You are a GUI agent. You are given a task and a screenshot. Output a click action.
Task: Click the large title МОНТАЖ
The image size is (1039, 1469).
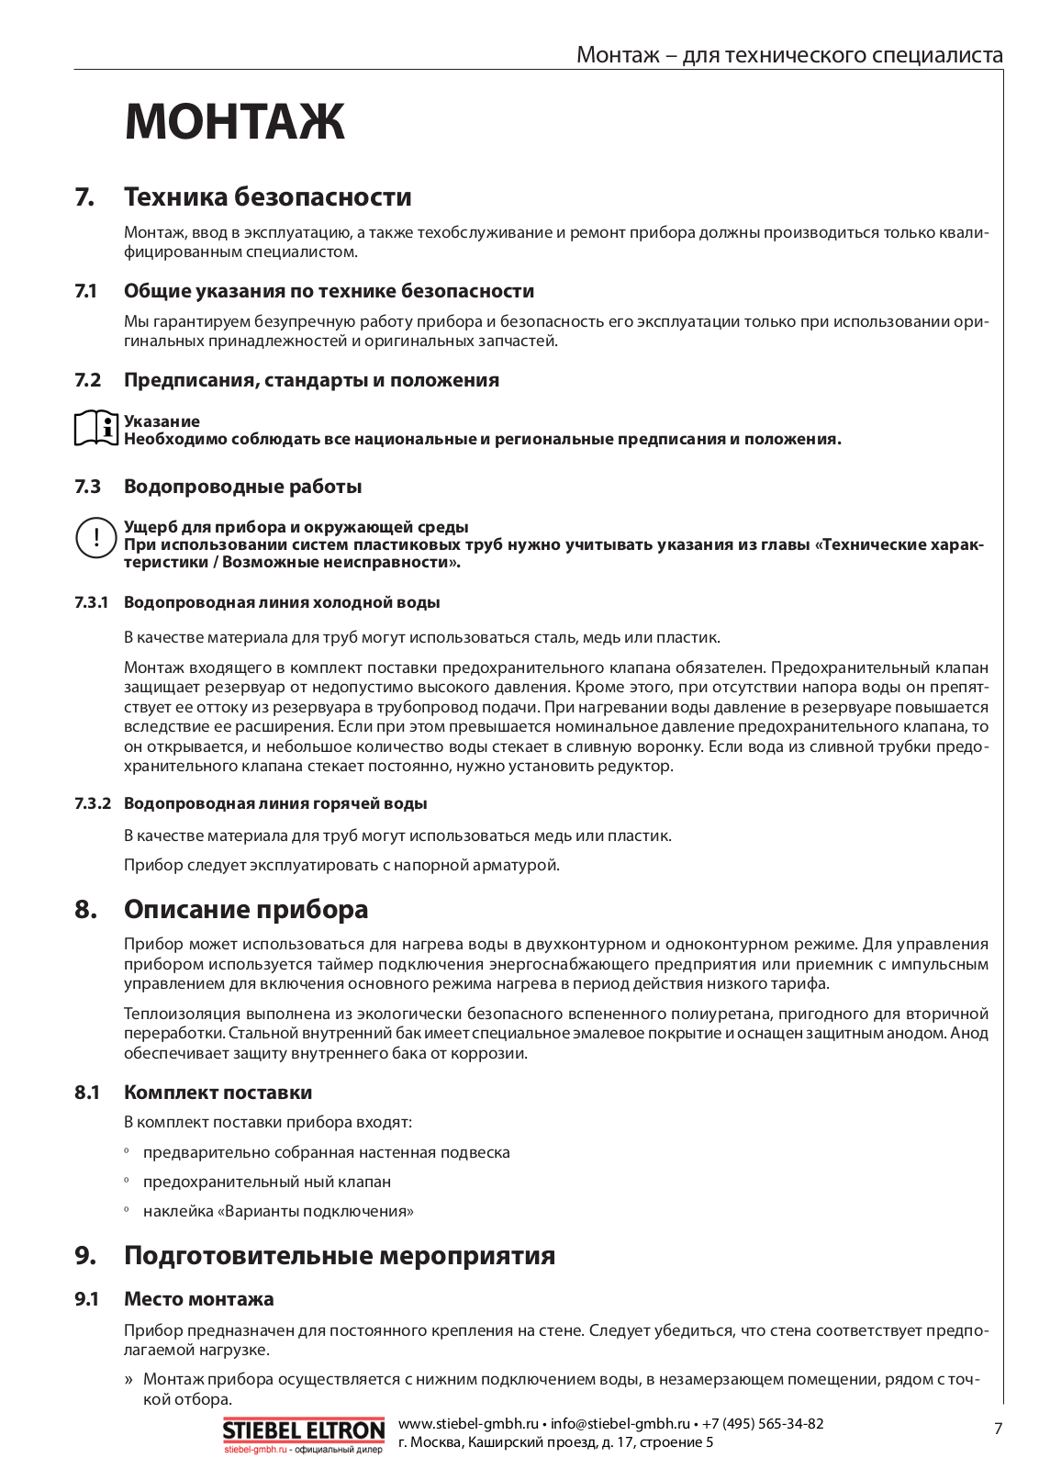coord(235,121)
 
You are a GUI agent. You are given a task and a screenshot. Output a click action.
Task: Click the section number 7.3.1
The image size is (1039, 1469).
coord(92,603)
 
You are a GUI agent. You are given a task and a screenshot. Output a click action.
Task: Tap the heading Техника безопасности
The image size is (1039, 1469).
coord(267,197)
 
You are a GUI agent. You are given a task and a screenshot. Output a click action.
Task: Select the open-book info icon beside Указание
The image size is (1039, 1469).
coord(96,429)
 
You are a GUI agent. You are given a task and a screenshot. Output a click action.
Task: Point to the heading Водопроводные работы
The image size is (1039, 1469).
coord(242,487)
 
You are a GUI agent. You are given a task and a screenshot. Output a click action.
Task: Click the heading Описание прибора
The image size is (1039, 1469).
coord(246,910)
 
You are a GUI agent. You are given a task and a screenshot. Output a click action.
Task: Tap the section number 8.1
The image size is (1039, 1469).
coord(87,1093)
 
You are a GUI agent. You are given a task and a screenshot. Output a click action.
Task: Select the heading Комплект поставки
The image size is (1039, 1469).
coord(218,1093)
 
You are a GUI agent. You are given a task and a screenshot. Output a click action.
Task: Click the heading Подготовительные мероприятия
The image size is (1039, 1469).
coord(340,1256)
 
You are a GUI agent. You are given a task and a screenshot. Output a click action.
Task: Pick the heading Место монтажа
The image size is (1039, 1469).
coord(198,1299)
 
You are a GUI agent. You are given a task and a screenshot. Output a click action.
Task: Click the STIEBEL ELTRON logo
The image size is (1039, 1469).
coord(304,1431)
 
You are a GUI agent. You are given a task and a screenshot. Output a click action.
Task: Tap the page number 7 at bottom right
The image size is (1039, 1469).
coord(999,1429)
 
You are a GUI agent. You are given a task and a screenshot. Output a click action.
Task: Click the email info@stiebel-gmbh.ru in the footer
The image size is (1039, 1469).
coord(620,1424)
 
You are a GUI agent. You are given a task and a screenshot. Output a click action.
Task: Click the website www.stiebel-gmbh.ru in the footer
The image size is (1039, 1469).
coord(468,1424)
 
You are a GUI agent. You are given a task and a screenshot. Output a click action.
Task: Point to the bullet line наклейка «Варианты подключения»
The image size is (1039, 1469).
coord(278,1212)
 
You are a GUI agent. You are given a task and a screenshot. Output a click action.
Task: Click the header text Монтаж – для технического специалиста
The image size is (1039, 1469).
coord(789,55)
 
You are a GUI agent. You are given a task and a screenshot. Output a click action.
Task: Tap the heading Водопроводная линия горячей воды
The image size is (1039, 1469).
coord(275,804)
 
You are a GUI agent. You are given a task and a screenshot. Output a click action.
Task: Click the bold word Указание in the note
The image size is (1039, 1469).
coord(162,421)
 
